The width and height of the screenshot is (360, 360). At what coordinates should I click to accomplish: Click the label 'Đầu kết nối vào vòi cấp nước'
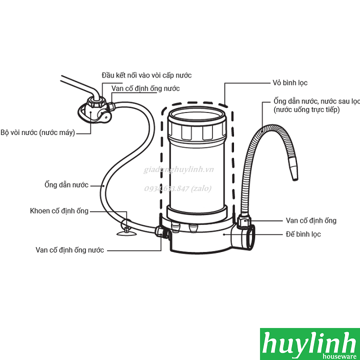(x=146, y=75)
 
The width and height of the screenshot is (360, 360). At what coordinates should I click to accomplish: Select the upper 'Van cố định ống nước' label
(x=145, y=88)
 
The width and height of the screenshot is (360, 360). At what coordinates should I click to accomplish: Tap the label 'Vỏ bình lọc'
(x=290, y=83)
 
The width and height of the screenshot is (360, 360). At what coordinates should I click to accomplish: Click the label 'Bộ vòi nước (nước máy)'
(x=37, y=133)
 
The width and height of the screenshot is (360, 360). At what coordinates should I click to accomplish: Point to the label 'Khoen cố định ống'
(x=59, y=211)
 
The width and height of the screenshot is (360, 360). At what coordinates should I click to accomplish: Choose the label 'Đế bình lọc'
(x=303, y=234)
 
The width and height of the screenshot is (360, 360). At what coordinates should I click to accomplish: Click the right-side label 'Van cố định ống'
(x=310, y=220)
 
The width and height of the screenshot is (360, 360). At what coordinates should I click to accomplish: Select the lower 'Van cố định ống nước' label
(x=70, y=249)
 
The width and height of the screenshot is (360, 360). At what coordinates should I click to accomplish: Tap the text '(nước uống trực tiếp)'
(x=306, y=109)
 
